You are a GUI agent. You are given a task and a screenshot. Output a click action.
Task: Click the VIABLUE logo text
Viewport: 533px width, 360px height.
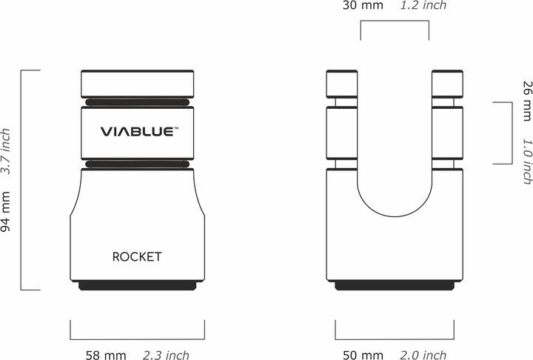(x=138, y=132)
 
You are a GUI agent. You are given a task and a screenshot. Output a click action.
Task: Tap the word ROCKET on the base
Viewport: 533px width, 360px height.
(x=137, y=257)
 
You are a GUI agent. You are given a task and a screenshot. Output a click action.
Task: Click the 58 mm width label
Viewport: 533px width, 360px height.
(x=104, y=355)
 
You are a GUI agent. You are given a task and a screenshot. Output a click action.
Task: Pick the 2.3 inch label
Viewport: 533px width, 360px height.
(x=167, y=355)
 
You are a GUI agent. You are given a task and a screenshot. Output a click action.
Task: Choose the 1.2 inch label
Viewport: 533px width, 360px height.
(x=423, y=6)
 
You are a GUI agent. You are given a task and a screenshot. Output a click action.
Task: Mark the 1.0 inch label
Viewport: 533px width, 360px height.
(x=526, y=161)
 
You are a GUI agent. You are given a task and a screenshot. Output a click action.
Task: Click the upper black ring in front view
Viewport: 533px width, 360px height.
(x=137, y=101)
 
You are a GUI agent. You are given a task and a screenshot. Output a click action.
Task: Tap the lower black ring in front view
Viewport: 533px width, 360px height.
(x=137, y=163)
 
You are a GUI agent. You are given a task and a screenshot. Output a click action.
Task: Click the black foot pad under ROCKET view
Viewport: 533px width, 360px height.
(x=137, y=285)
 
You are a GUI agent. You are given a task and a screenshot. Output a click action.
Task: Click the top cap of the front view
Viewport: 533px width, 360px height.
(x=137, y=83)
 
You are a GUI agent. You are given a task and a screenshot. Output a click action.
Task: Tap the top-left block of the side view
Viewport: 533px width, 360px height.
(x=341, y=83)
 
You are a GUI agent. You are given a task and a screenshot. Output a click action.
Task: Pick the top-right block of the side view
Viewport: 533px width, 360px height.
(x=447, y=83)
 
